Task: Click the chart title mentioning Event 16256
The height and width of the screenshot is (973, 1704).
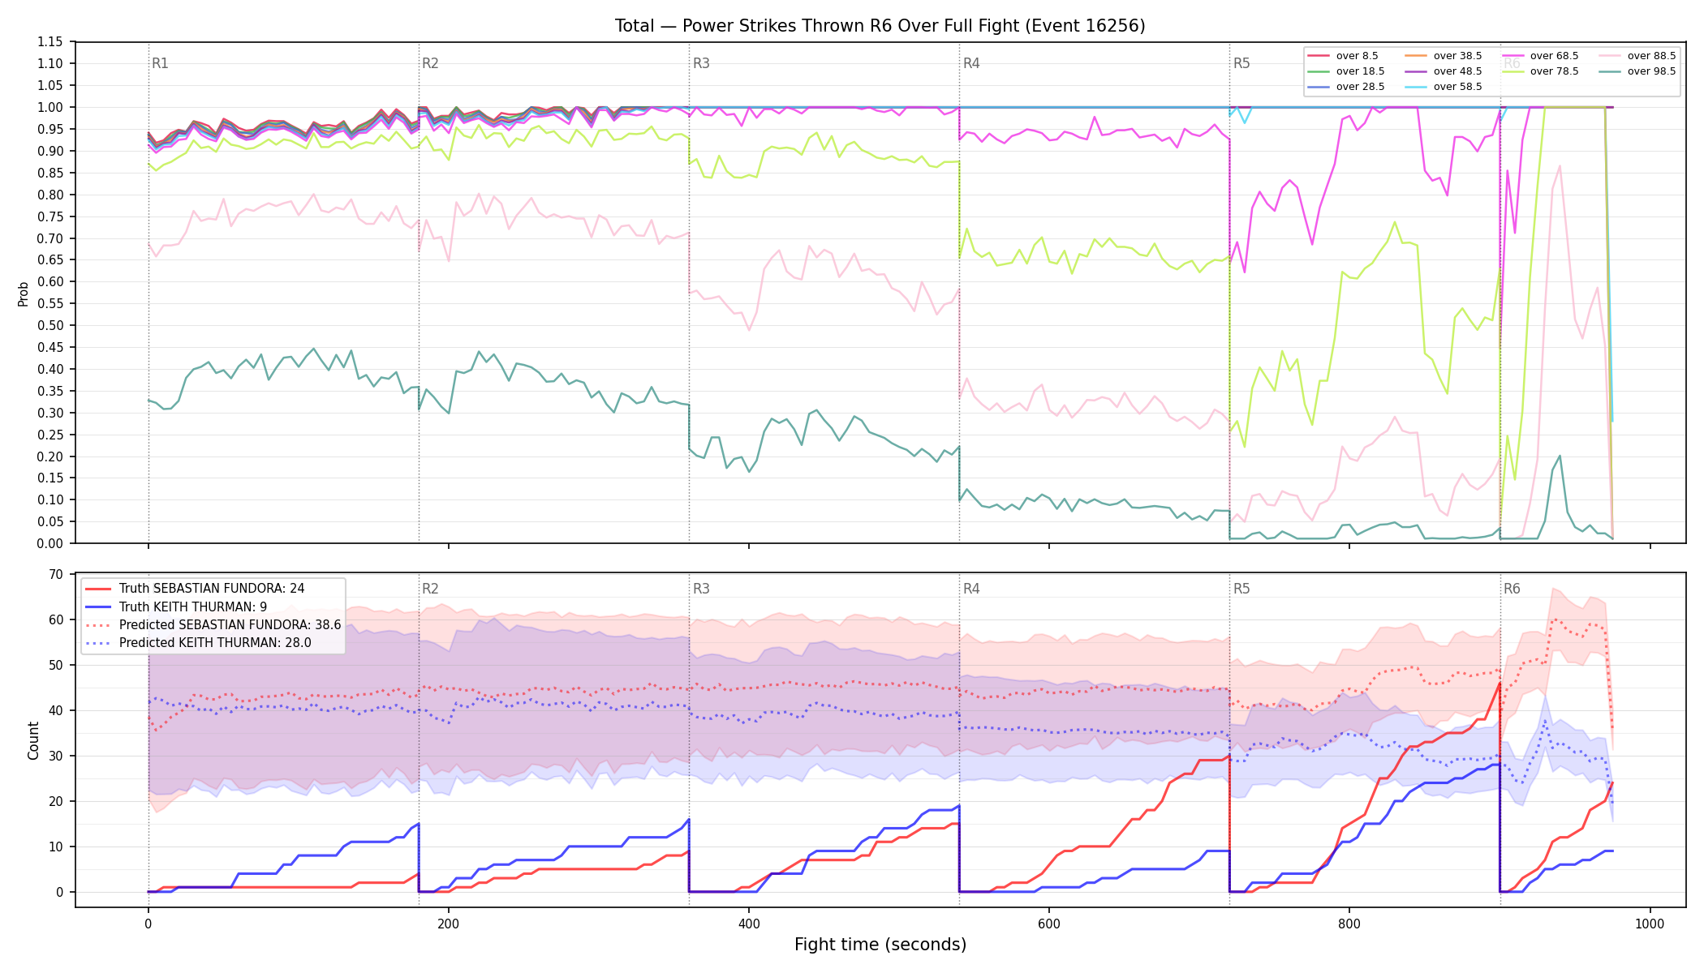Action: click(x=880, y=26)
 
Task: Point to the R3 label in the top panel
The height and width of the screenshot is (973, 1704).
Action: click(x=701, y=63)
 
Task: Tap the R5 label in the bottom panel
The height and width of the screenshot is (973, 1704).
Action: click(x=1241, y=589)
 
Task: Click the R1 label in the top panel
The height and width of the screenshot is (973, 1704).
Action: click(x=160, y=63)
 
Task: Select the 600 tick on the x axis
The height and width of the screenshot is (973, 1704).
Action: click(x=1049, y=924)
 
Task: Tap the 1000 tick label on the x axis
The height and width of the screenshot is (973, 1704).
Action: click(x=1650, y=924)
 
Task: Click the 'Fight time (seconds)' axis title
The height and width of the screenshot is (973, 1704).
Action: click(x=880, y=945)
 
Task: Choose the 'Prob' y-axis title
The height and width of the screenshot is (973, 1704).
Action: click(x=23, y=294)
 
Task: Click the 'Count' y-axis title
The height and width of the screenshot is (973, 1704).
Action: click(x=33, y=740)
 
